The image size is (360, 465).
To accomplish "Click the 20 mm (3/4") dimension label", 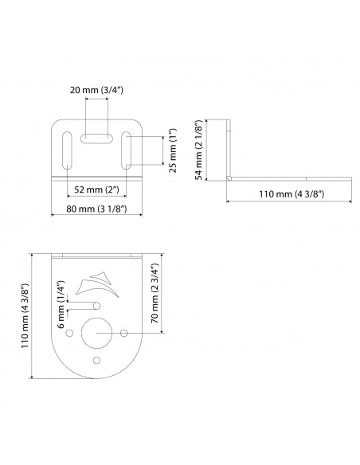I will click(x=96, y=92).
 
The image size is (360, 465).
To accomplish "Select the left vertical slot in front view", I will click(x=65, y=150).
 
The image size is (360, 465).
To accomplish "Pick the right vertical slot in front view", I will click(x=127, y=150).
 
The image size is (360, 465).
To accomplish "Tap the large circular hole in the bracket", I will click(x=97, y=332).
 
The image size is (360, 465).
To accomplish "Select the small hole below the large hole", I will click(x=97, y=359).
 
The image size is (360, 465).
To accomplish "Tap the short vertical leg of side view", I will click(x=228, y=149).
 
